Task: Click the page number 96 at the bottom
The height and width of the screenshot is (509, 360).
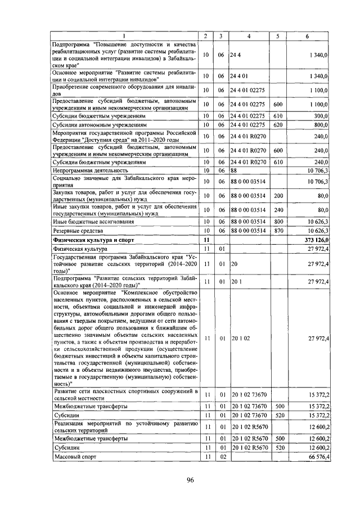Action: tap(190, 479)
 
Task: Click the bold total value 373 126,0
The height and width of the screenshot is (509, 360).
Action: tap(316, 240)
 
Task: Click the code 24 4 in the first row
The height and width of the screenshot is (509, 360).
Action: tap(235, 55)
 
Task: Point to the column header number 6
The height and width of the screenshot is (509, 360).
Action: tap(307, 37)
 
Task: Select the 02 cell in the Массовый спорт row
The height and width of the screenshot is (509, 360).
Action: tap(222, 458)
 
